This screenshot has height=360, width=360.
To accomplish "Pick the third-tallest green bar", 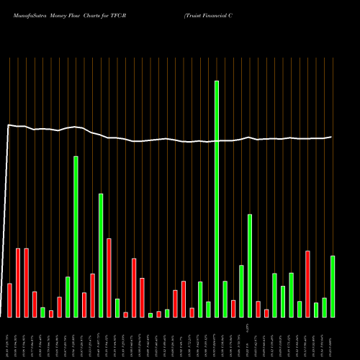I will click(101, 255).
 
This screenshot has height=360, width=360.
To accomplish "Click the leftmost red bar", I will click(9, 300).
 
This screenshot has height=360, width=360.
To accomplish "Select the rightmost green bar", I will click(333, 286).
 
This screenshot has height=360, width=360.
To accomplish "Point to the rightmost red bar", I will click(307, 284).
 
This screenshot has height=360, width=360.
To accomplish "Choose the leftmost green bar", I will click(42, 312).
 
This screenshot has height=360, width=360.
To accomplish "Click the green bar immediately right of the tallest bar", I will click(225, 299).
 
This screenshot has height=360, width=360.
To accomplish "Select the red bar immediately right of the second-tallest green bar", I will click(84, 305).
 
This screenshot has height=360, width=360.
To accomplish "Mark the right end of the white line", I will click(332, 137).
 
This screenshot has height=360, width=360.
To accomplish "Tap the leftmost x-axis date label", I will click(9, 338).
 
